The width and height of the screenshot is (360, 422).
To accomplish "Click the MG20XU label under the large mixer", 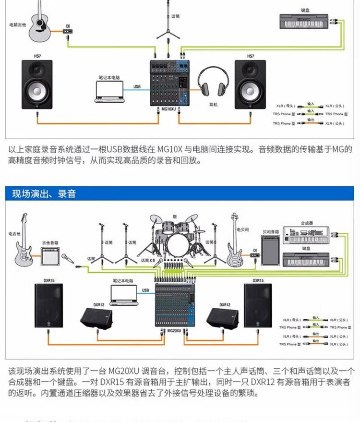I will (x=174, y=331).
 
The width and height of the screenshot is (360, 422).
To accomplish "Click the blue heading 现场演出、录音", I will (x=44, y=194).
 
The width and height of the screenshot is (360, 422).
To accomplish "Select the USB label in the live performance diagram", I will (x=146, y=290).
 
